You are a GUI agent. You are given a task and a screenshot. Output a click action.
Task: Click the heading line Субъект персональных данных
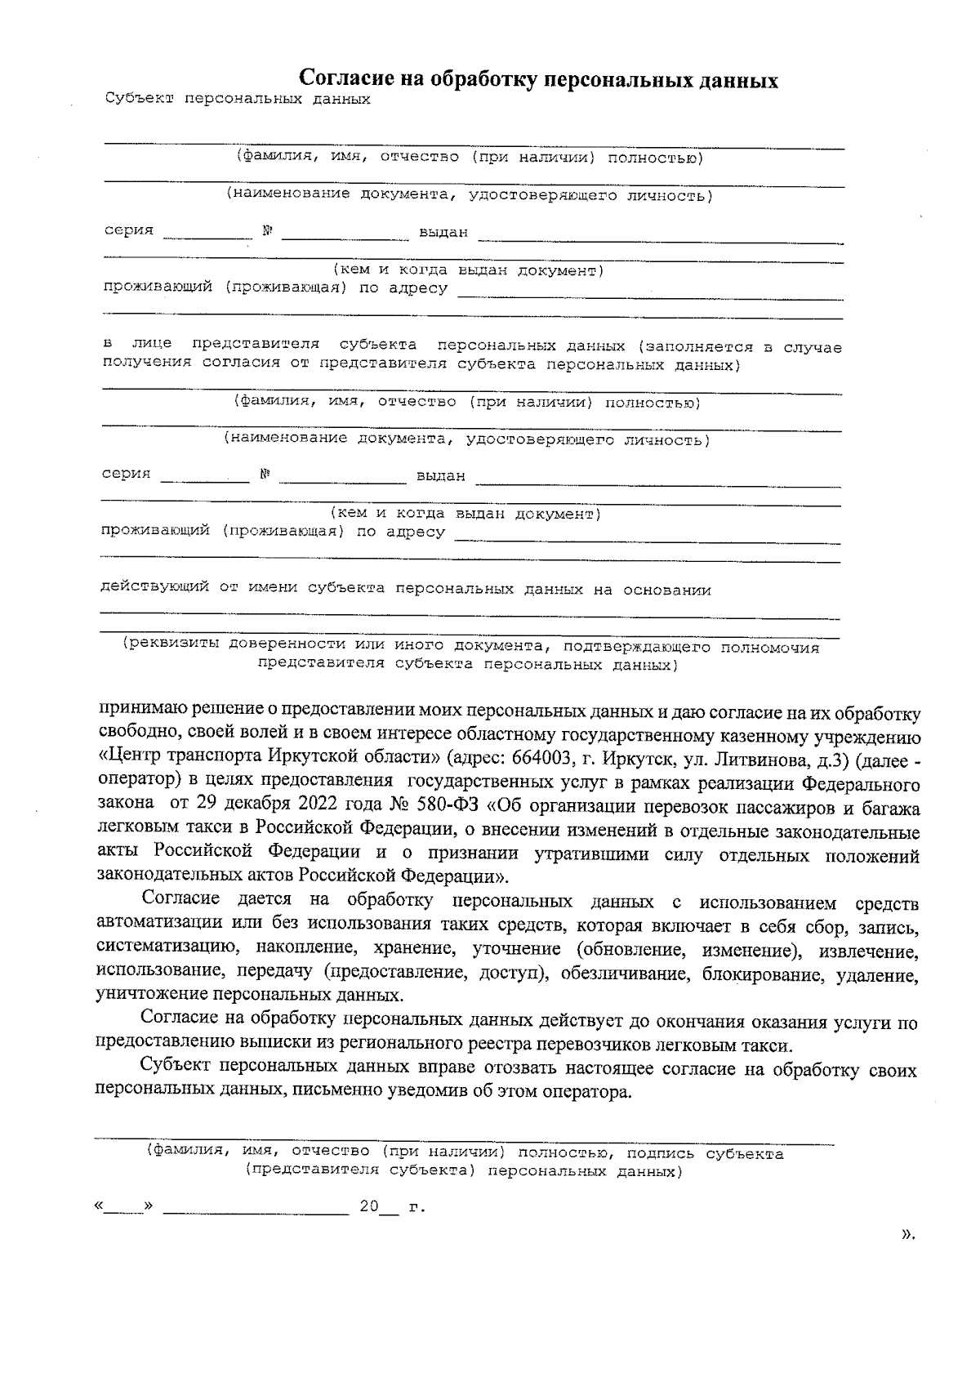pos(238,100)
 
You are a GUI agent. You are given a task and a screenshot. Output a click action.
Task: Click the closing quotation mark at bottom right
pos(906,1258)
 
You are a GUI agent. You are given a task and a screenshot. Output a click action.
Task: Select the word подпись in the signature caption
pos(661,1153)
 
